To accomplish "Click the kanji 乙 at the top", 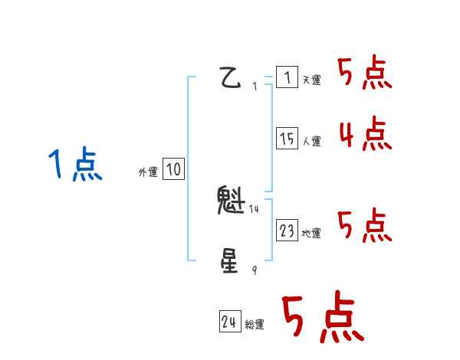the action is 231,78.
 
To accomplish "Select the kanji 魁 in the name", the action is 231,201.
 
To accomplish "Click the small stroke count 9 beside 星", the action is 255,270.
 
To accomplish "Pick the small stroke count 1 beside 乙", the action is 255,87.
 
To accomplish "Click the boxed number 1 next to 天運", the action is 287,77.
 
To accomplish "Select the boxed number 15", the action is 287,139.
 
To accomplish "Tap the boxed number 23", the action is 287,231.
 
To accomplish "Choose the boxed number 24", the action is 228,322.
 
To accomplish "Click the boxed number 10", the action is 173,170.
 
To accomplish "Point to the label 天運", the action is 311,80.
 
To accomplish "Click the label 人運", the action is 311,142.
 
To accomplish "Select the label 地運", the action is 311,234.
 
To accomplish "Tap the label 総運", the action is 255,325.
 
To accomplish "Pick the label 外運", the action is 147,173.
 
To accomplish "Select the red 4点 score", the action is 365,134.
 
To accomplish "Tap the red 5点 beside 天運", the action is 365,74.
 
